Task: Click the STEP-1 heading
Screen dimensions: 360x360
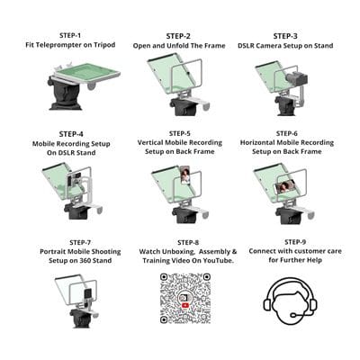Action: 70,35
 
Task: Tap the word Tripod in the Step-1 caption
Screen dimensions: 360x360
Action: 104,45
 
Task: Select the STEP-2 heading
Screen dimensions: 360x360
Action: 178,36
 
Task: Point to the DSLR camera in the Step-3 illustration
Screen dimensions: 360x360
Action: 296,77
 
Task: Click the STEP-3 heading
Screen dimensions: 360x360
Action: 285,36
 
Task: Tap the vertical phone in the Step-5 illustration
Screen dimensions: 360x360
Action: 185,175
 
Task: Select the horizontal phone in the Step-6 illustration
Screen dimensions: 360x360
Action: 286,188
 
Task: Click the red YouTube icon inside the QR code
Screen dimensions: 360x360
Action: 185,305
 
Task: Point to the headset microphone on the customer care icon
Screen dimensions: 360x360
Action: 295,315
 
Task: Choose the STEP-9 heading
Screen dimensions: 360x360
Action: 295,242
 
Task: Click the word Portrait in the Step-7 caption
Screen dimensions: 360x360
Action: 53,251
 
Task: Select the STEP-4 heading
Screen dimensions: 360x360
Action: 71,134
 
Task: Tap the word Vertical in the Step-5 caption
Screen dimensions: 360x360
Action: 150,142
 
